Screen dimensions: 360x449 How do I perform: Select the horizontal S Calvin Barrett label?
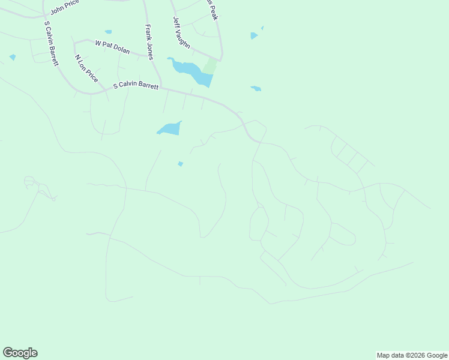tap(136, 86)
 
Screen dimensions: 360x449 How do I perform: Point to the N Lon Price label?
tap(86, 68)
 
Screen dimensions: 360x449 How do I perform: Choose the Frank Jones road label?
tap(149, 42)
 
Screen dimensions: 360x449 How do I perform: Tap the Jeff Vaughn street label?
tap(181, 32)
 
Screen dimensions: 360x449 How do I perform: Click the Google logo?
tap(20, 353)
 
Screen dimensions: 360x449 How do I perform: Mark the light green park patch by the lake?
tap(210, 65)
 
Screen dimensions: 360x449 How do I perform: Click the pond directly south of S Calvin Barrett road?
tap(169, 128)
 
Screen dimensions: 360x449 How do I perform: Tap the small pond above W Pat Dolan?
tap(108, 32)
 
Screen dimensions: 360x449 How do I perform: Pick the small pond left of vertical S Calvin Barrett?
tap(13, 58)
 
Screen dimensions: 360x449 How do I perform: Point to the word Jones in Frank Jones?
tap(150, 51)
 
